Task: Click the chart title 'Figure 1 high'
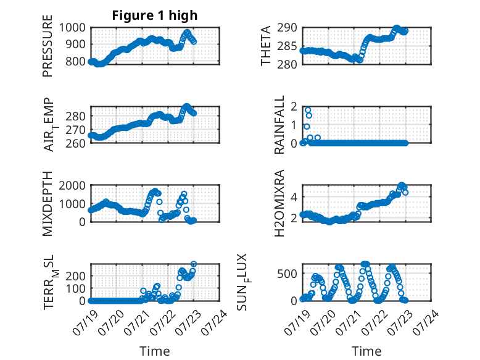pyautogui.click(x=155, y=15)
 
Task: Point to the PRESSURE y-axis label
pyautogui.click(x=48, y=46)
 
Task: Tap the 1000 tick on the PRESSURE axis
pyautogui.click(x=72, y=28)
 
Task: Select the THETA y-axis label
pyautogui.click(x=266, y=46)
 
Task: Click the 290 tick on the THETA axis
pyautogui.click(x=287, y=28)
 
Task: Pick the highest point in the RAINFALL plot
pyautogui.click(x=308, y=110)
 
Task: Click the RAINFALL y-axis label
pyautogui.click(x=279, y=125)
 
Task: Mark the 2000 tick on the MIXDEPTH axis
pyautogui.click(x=72, y=185)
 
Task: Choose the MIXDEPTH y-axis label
pyautogui.click(x=48, y=204)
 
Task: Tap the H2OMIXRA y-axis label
pyautogui.click(x=279, y=203)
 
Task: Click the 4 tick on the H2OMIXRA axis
pyautogui.click(x=294, y=196)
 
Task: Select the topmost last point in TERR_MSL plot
pyautogui.click(x=194, y=264)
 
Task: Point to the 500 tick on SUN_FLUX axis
pyautogui.click(x=287, y=274)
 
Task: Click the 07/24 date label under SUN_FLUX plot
pyautogui.click(x=426, y=322)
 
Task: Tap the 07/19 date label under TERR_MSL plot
pyautogui.click(x=85, y=322)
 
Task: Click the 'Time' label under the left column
pyautogui.click(x=155, y=351)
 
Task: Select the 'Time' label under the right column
pyautogui.click(x=366, y=351)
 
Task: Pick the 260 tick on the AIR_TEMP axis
pyautogui.click(x=76, y=143)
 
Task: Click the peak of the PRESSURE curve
pyautogui.click(x=188, y=32)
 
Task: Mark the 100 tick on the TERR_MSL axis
pyautogui.click(x=76, y=288)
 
